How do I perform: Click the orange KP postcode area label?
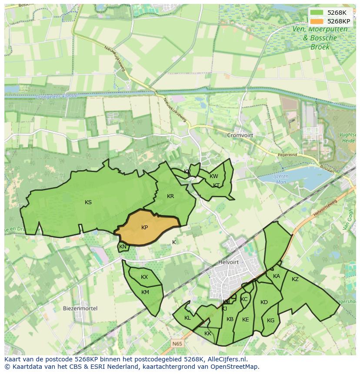[x=144, y=228]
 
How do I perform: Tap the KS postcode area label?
[x=88, y=202]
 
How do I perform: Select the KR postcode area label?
[x=170, y=196]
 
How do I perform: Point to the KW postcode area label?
[x=213, y=176]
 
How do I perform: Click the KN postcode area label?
[x=123, y=247]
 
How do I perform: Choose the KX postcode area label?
[x=144, y=277]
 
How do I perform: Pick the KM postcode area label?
[x=145, y=292]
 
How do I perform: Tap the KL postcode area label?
[x=187, y=318]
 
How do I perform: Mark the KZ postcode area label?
[x=295, y=279]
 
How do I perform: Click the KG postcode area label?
[x=271, y=321]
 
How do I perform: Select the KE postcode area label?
[x=245, y=320]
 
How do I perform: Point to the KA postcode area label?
[x=277, y=276]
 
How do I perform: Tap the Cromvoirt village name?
[x=240, y=135]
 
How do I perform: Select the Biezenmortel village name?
[x=80, y=308]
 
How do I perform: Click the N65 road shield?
[x=177, y=344]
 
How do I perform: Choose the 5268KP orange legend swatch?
[x=317, y=21]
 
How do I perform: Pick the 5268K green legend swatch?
[x=317, y=13]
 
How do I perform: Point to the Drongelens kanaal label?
[x=57, y=96]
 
